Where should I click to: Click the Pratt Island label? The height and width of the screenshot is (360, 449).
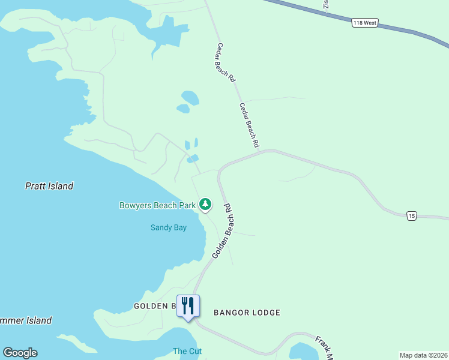(49, 186)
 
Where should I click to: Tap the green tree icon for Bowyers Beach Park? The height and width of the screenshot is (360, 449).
(206, 205)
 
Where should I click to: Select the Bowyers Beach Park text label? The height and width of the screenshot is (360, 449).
(158, 205)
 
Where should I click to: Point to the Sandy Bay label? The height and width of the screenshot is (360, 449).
(168, 227)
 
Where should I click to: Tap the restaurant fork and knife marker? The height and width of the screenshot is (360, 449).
(188, 306)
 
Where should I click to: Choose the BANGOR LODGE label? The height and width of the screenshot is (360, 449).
(247, 313)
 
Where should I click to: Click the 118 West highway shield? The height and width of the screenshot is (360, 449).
(364, 22)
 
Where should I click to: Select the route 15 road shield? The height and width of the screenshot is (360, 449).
(411, 215)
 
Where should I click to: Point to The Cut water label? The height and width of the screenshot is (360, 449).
(187, 351)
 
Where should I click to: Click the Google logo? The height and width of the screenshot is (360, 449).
(20, 353)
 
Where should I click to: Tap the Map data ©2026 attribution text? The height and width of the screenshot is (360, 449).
(423, 355)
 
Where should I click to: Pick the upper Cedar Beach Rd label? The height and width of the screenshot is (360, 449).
(226, 62)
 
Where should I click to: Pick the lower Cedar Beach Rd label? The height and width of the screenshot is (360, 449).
(249, 125)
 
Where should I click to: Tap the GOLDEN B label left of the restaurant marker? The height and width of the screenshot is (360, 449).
(154, 306)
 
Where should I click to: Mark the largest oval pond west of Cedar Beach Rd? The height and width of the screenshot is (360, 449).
(190, 97)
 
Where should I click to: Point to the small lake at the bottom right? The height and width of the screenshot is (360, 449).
(303, 352)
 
